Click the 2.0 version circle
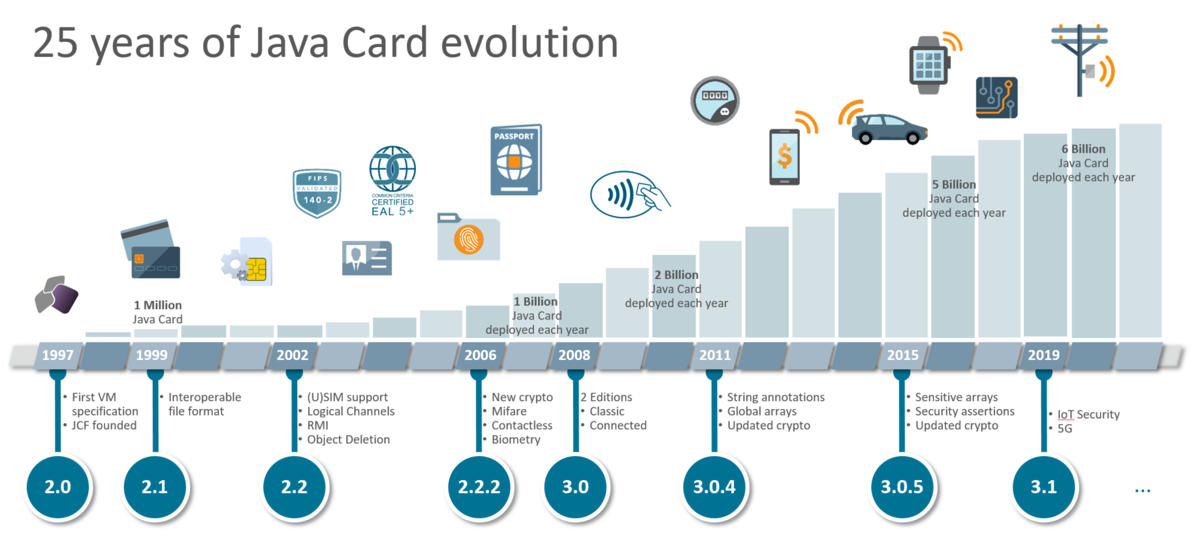click(57, 487)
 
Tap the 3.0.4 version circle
click(714, 487)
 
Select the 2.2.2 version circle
click(479, 487)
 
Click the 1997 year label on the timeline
click(57, 355)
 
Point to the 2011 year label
click(715, 355)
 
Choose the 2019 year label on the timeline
click(1043, 355)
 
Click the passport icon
click(515, 160)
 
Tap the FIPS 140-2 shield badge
click(317, 193)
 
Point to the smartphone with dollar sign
click(784, 157)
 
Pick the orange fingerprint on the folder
click(469, 239)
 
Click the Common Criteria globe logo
click(392, 169)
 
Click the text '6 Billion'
click(1083, 149)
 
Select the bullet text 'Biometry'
click(516, 440)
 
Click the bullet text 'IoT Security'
click(1088, 414)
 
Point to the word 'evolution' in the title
click(530, 43)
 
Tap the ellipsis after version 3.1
click(1143, 490)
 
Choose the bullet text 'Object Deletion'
click(348, 440)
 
